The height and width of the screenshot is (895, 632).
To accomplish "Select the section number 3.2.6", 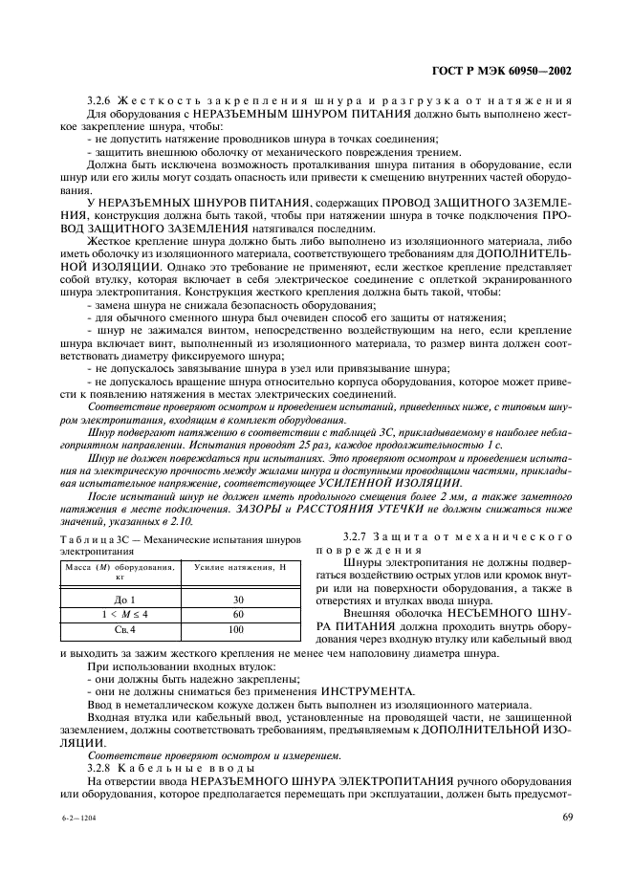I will coord(100,101).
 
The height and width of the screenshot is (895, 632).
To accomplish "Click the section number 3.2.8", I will coord(100,767).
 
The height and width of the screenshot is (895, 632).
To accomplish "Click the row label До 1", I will coord(125,600).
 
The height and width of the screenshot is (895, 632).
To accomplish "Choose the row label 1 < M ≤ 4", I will coord(125,615).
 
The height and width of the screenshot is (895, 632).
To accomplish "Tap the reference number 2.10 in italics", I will coord(181,522).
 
